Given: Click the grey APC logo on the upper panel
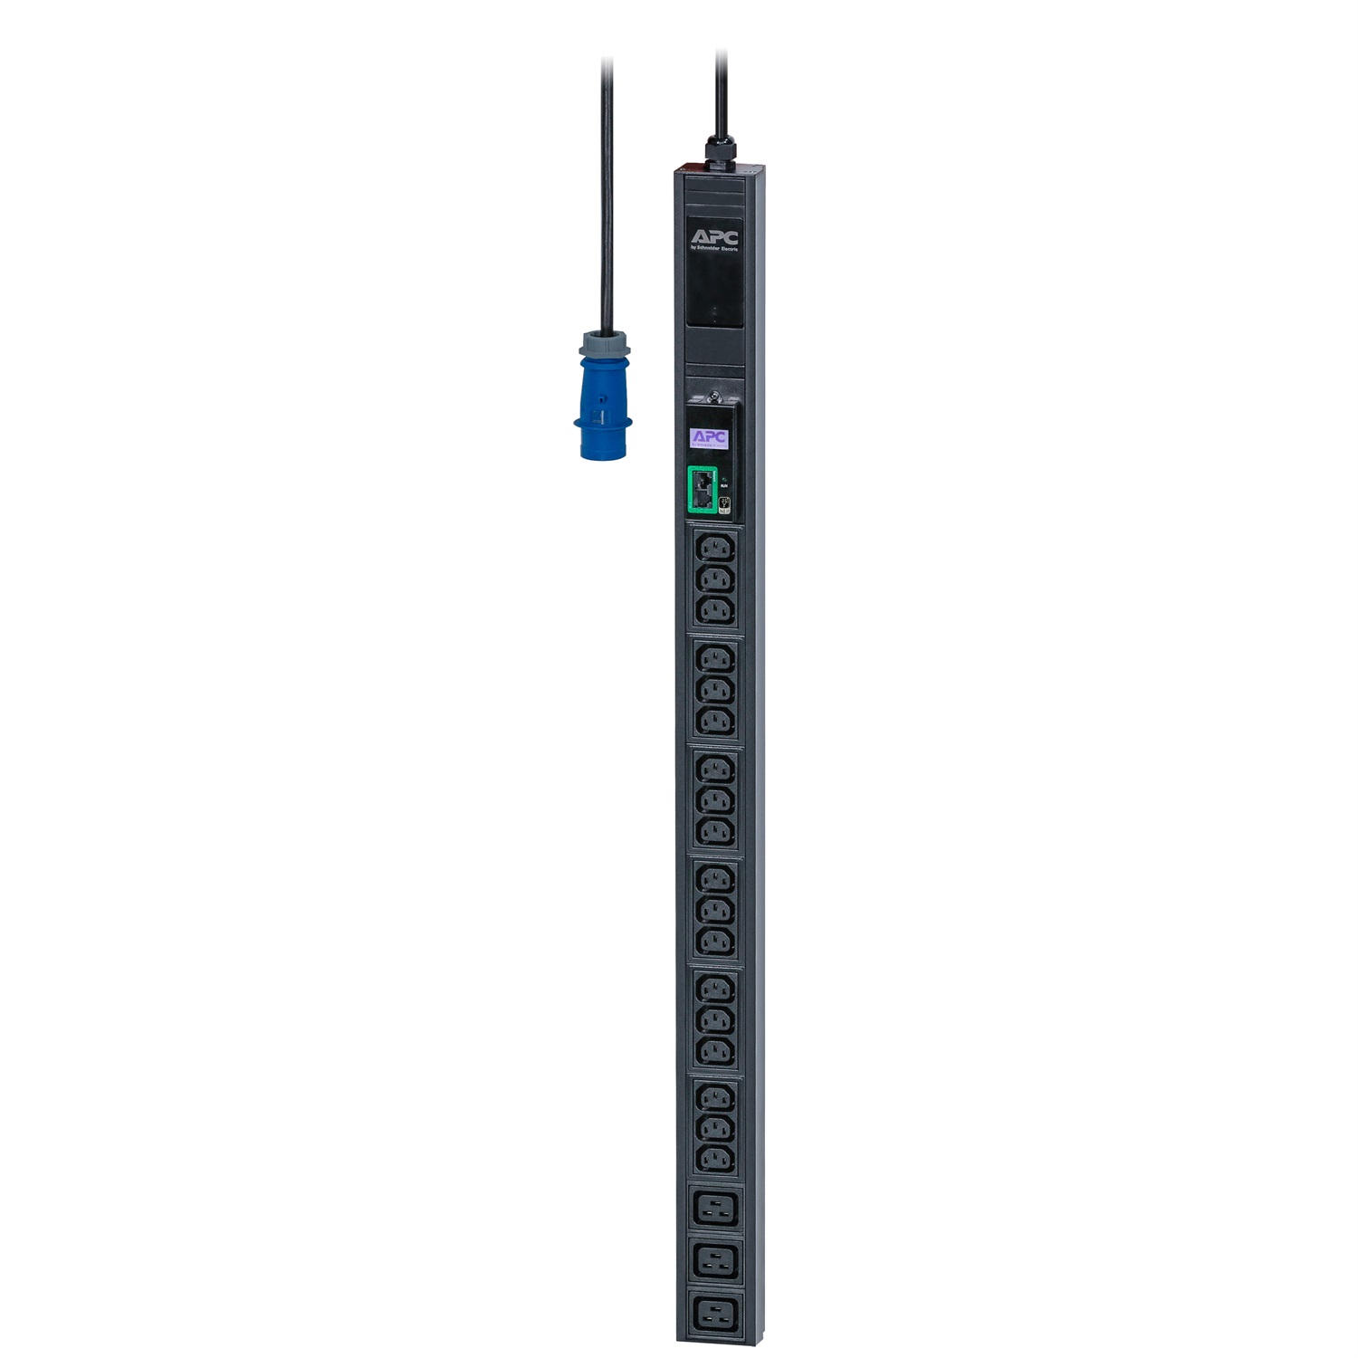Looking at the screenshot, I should point(715,237).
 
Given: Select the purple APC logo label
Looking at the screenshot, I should point(710,437).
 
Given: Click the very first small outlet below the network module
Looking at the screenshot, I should point(714,549).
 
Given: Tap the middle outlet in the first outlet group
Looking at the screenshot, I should point(714,580).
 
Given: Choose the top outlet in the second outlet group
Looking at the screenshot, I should point(714,658).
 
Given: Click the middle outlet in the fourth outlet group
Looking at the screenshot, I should point(714,910).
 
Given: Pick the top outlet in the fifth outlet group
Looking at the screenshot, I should point(714,989).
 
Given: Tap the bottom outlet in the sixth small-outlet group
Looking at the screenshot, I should point(714,1159).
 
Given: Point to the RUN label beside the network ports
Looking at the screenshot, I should point(723,486).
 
